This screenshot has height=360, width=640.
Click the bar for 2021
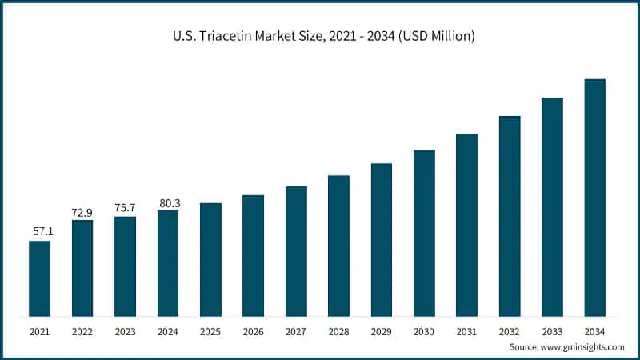(x=39, y=278)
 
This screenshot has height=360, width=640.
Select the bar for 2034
(x=594, y=198)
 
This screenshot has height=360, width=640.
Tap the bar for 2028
(x=338, y=246)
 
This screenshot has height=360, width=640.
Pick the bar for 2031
(x=466, y=225)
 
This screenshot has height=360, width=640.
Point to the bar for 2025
(x=210, y=259)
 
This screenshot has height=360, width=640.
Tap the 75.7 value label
(x=125, y=208)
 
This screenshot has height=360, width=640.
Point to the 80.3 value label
(x=168, y=203)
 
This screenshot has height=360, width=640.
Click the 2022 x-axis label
(x=82, y=330)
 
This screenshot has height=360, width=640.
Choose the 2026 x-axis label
(x=253, y=330)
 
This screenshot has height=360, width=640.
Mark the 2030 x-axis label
(x=424, y=330)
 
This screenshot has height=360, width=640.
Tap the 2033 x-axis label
(x=552, y=330)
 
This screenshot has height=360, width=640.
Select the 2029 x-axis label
(x=381, y=330)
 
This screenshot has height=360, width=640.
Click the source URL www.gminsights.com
(x=584, y=346)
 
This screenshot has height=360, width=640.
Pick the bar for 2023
(x=125, y=266)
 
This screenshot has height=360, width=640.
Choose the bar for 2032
(x=510, y=216)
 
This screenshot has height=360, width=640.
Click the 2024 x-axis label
(x=168, y=330)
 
